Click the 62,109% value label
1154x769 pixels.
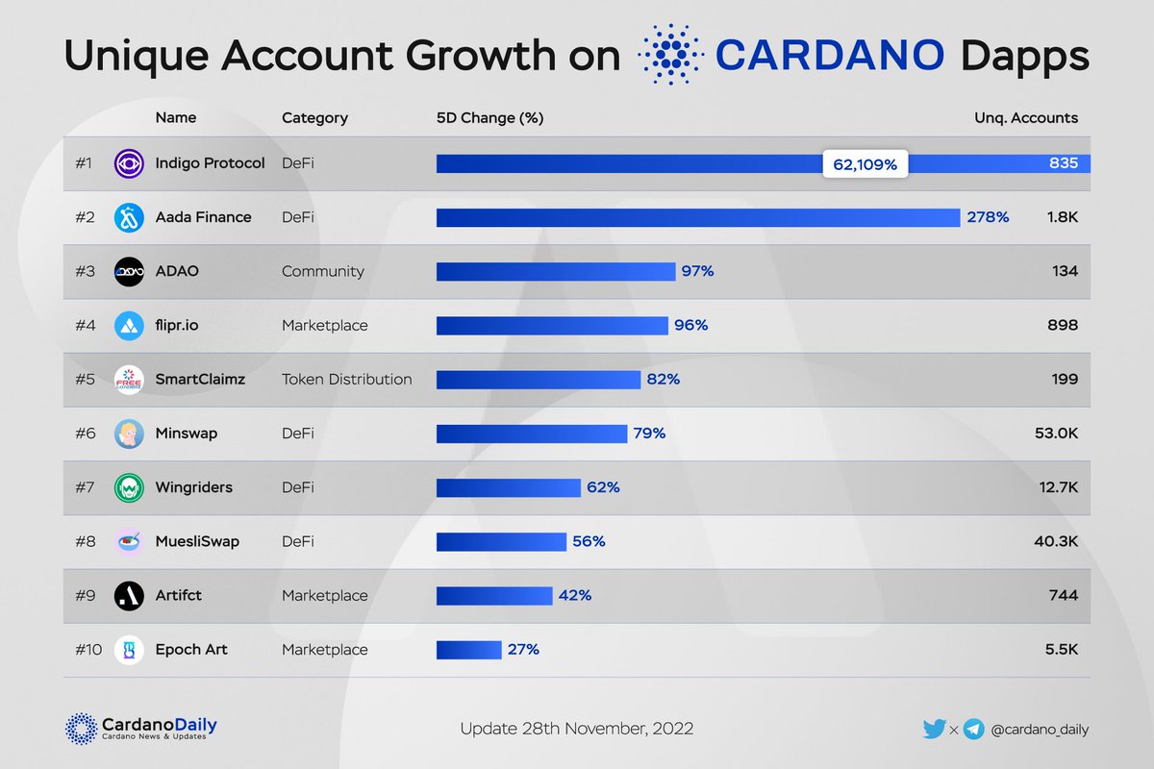click(865, 164)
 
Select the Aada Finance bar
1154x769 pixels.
click(698, 218)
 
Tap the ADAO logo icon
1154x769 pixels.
click(129, 272)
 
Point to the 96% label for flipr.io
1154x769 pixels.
click(690, 326)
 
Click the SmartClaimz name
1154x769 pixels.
click(200, 380)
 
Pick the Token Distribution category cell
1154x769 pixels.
click(346, 380)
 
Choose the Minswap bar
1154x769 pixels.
click(532, 434)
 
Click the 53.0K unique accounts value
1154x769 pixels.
click(1054, 434)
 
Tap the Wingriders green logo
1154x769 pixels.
click(129, 487)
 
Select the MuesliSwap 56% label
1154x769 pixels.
click(589, 541)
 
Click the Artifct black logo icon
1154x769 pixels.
click(129, 596)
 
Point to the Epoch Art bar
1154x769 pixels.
click(468, 650)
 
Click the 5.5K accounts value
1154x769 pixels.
click(1061, 650)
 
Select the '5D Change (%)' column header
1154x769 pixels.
click(489, 118)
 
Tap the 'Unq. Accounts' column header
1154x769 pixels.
click(1026, 118)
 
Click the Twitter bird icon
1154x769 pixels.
click(934, 729)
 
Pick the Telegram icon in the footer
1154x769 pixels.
click(973, 729)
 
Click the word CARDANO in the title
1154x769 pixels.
click(830, 56)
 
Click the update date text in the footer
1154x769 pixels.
click(576, 728)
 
